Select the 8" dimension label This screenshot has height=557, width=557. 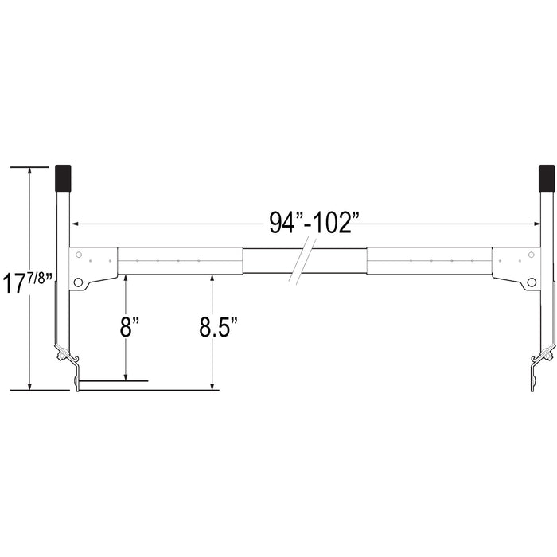(x=129, y=326)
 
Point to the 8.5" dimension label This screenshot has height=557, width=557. (x=218, y=326)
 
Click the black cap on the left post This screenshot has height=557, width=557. (x=63, y=178)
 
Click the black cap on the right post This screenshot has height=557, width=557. (x=547, y=178)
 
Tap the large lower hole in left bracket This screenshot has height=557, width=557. (x=78, y=282)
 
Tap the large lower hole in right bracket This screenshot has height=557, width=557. (x=532, y=282)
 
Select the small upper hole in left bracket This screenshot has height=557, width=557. (x=79, y=255)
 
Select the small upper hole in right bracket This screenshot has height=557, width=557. (x=532, y=255)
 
